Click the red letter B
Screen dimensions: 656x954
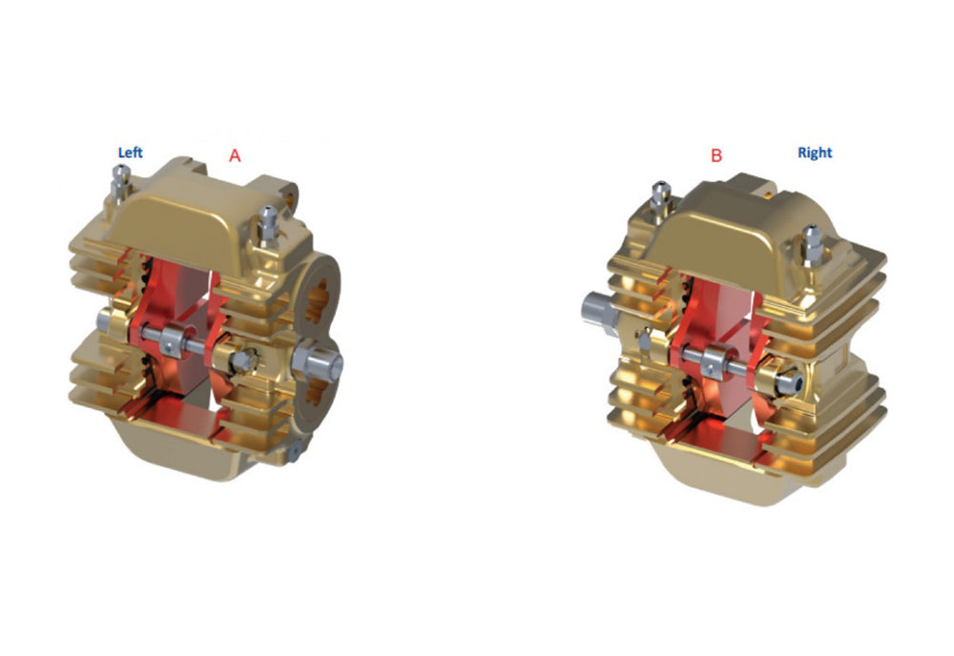click(x=716, y=155)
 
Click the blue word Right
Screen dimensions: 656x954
click(x=815, y=153)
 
